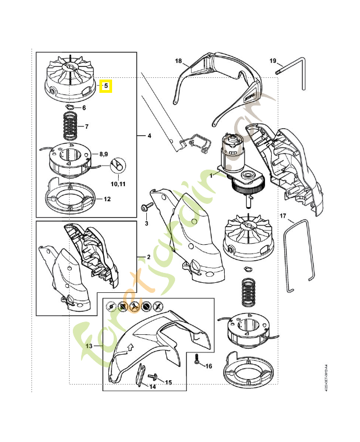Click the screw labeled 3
click(x=145, y=207)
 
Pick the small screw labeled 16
click(x=198, y=359)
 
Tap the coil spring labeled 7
click(x=69, y=126)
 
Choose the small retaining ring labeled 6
click(x=70, y=107)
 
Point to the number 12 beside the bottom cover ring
click(x=107, y=198)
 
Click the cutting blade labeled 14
click(x=141, y=375)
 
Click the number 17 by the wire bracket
click(x=283, y=215)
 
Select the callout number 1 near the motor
click(x=210, y=175)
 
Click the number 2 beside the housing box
click(x=148, y=257)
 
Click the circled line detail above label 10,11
click(x=118, y=165)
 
